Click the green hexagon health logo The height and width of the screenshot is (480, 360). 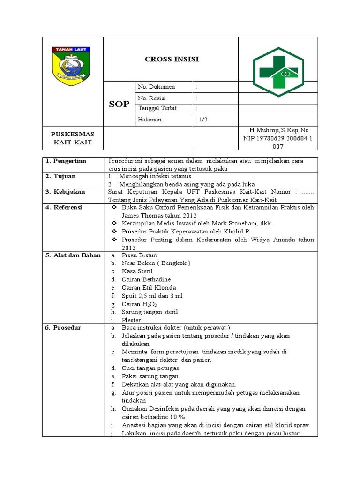[278, 72]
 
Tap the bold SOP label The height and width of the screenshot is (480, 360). [119, 104]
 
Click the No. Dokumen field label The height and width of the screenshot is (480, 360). [157, 87]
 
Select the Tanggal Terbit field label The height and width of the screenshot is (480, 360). [157, 108]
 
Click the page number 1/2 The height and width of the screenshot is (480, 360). [202, 120]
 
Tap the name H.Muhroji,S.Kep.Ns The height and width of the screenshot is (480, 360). [278, 130]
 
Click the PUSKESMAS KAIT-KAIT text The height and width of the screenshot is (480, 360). [72, 138]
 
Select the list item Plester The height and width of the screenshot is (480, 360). [131, 320]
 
